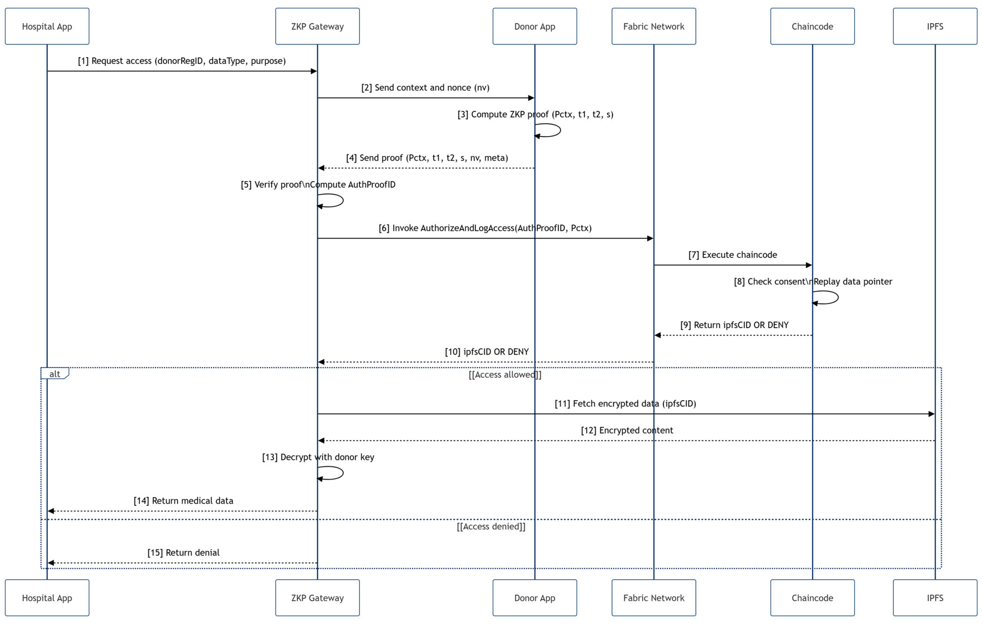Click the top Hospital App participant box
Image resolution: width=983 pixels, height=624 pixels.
(47, 26)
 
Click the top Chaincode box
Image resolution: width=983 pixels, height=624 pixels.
(812, 26)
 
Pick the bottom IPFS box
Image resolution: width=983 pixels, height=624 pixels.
(935, 598)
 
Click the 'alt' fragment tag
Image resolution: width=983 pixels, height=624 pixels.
(55, 373)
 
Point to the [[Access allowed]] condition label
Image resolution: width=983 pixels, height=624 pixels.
(505, 375)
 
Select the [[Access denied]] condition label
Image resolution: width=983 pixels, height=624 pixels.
(491, 526)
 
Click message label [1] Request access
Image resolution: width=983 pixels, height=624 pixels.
(182, 61)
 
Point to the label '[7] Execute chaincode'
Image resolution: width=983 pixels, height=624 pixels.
(733, 255)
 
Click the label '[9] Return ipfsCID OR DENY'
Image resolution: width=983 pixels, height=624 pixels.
(734, 325)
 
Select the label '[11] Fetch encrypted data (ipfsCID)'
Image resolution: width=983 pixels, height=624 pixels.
(625, 404)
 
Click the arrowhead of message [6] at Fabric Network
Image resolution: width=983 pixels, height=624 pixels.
(650, 238)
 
